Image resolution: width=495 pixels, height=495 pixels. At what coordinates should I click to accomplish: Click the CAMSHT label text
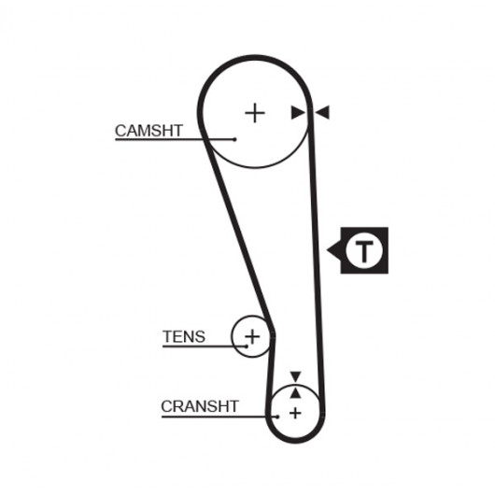(x=148, y=131)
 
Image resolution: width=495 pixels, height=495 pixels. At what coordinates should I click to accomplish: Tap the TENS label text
(x=184, y=336)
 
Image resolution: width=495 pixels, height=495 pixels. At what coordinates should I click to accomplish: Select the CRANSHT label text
(x=200, y=406)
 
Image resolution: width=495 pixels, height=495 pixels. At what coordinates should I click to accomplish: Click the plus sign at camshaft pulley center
(x=255, y=113)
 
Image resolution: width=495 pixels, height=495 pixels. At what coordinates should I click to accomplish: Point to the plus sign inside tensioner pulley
(x=252, y=336)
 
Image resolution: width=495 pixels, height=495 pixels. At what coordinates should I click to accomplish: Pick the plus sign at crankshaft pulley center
(x=295, y=413)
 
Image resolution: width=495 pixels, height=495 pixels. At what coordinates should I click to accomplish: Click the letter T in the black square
(x=364, y=251)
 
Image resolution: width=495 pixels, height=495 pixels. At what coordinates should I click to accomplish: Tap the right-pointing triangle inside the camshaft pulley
(x=298, y=113)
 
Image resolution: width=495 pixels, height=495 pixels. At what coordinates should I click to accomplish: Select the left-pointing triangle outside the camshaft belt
(x=322, y=112)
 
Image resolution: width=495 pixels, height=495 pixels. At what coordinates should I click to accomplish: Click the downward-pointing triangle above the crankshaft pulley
(x=295, y=376)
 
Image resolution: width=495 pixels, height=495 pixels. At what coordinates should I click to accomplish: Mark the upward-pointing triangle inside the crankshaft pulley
(x=295, y=393)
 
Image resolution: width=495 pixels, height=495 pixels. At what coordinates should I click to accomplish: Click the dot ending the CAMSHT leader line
(x=234, y=139)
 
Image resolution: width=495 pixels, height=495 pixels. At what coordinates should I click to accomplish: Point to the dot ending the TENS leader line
(x=247, y=346)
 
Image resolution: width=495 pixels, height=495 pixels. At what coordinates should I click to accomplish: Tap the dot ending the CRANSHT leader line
(x=277, y=417)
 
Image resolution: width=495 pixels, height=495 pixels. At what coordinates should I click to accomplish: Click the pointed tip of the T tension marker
(x=327, y=250)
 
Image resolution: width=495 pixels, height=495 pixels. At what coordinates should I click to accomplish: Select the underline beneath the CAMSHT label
(x=175, y=139)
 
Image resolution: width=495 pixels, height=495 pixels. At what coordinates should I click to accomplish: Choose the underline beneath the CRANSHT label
(x=219, y=417)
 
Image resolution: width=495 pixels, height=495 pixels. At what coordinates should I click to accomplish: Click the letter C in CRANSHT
(x=166, y=406)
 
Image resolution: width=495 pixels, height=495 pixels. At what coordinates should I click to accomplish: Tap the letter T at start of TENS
(x=167, y=336)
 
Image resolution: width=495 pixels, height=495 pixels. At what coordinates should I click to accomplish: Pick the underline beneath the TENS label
(x=205, y=346)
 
